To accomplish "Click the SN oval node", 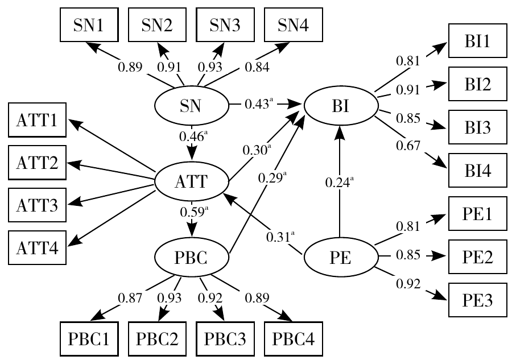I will pyautogui.click(x=191, y=105).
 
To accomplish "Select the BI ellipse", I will pyautogui.click(x=340, y=105).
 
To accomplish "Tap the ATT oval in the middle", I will pyautogui.click(x=191, y=182).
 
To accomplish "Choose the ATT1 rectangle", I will pyautogui.click(x=36, y=120).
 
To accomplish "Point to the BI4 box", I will pyautogui.click(x=477, y=168).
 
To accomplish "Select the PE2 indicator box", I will pyautogui.click(x=477, y=255).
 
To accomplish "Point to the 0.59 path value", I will pyautogui.click(x=193, y=213).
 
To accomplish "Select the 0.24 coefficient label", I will pyautogui.click(x=339, y=183).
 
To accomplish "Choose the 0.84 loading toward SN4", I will pyautogui.click(x=257, y=67).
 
